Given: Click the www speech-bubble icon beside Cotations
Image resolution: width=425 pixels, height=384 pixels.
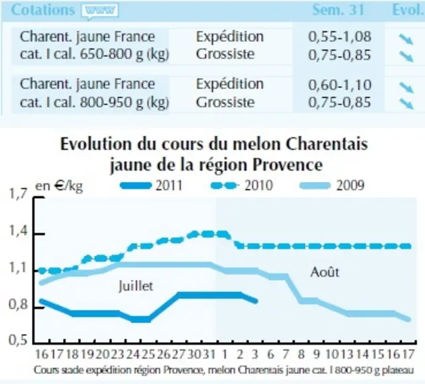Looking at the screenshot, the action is click(100, 11).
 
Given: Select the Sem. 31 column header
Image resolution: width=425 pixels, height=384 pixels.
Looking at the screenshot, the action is click(338, 10).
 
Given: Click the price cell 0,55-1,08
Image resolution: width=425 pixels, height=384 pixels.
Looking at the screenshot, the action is click(340, 37).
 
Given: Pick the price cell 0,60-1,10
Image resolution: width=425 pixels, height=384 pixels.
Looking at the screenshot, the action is click(340, 85).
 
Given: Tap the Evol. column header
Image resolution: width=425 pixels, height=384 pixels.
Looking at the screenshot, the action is click(408, 10).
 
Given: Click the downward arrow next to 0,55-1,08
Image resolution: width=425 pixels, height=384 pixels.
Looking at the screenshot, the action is click(406, 39).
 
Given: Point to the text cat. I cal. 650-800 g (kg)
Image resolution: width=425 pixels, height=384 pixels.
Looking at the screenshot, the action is click(95, 54).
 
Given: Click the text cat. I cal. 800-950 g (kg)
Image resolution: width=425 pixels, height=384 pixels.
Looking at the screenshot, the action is click(95, 102).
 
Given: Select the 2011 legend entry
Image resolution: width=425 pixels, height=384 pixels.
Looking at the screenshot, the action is click(151, 186).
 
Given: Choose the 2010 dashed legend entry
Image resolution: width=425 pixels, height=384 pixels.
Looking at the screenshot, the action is click(242, 186).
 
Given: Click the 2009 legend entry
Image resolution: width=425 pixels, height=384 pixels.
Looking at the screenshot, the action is click(332, 186).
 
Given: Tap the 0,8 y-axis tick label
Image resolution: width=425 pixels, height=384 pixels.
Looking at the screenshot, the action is click(19, 305).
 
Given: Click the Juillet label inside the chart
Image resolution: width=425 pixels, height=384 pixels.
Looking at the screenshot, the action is click(136, 286).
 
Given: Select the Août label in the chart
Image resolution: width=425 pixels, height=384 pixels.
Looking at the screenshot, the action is click(324, 272).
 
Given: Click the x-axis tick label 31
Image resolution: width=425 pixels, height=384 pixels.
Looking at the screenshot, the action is click(209, 354).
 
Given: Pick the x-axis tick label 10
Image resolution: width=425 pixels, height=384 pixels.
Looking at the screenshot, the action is click(332, 354).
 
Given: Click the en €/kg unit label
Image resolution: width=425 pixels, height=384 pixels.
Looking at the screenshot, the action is click(59, 186).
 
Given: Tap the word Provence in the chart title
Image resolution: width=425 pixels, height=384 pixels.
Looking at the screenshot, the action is click(288, 165).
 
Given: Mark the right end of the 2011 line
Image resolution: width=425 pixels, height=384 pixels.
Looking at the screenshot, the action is click(256, 301).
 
